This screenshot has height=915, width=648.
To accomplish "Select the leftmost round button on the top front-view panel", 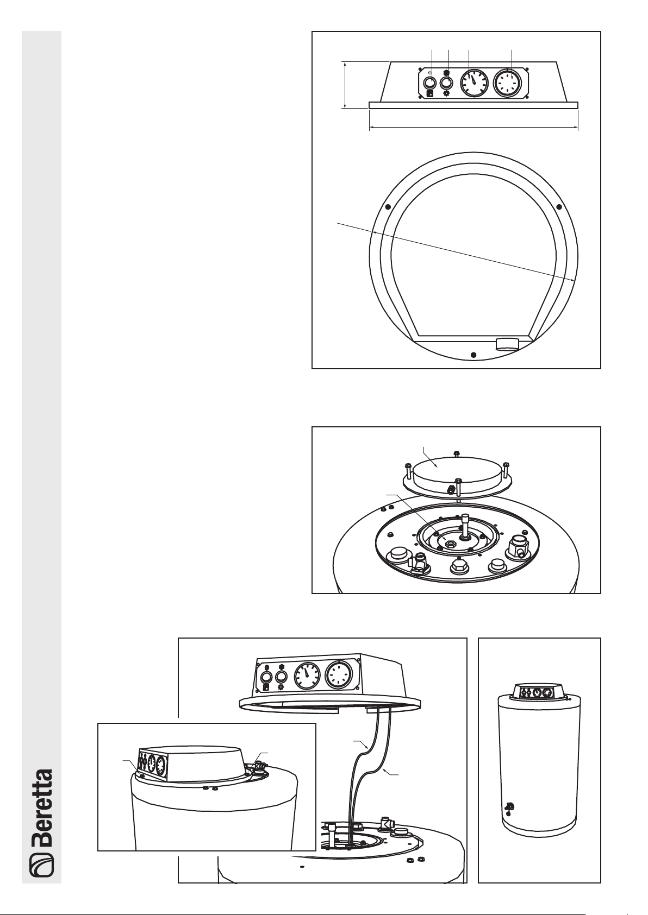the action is [429, 83].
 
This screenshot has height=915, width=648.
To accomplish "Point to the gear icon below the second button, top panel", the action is [446, 93].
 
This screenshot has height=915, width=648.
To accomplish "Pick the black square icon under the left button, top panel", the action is [429, 94].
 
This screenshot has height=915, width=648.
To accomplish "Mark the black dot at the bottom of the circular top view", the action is [473, 355].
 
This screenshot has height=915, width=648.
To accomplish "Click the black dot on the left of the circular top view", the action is [388, 207].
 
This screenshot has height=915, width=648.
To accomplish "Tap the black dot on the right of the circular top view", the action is [559, 207].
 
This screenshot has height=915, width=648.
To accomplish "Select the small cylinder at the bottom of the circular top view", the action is [507, 344].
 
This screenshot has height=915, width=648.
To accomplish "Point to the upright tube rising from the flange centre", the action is [466, 525].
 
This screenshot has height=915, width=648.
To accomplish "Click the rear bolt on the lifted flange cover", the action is [457, 454].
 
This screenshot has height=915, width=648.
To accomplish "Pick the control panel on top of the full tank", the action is [539, 691].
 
